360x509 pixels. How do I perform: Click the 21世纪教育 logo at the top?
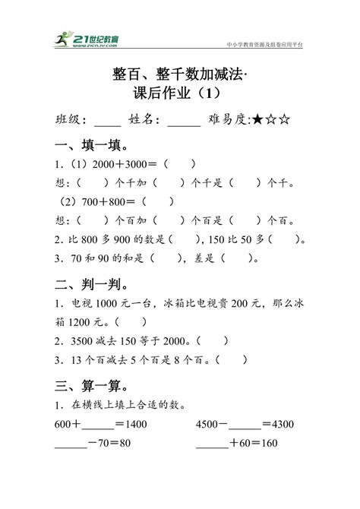point(90,40)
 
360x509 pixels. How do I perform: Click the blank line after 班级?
point(108,123)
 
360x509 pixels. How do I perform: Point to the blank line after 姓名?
point(183,123)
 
